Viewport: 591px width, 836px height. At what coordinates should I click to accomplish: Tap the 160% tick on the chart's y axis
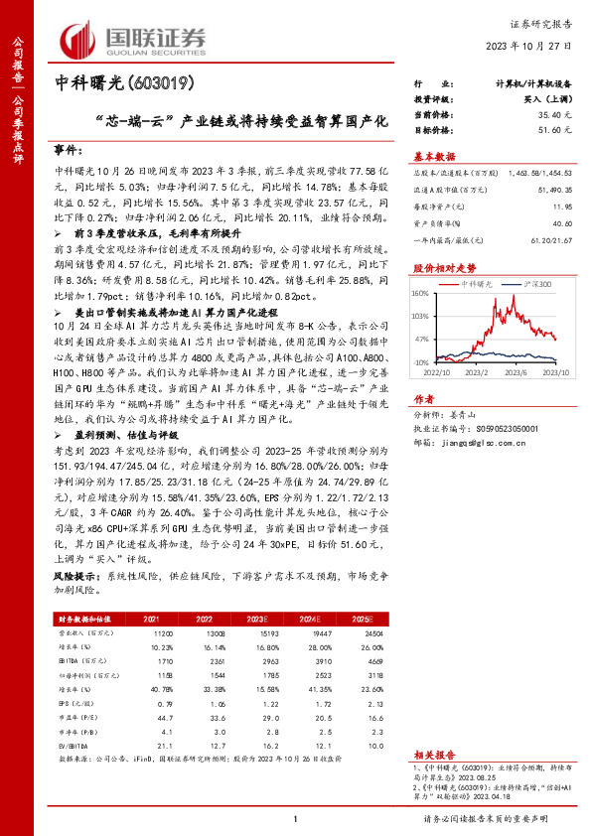point(421,293)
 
